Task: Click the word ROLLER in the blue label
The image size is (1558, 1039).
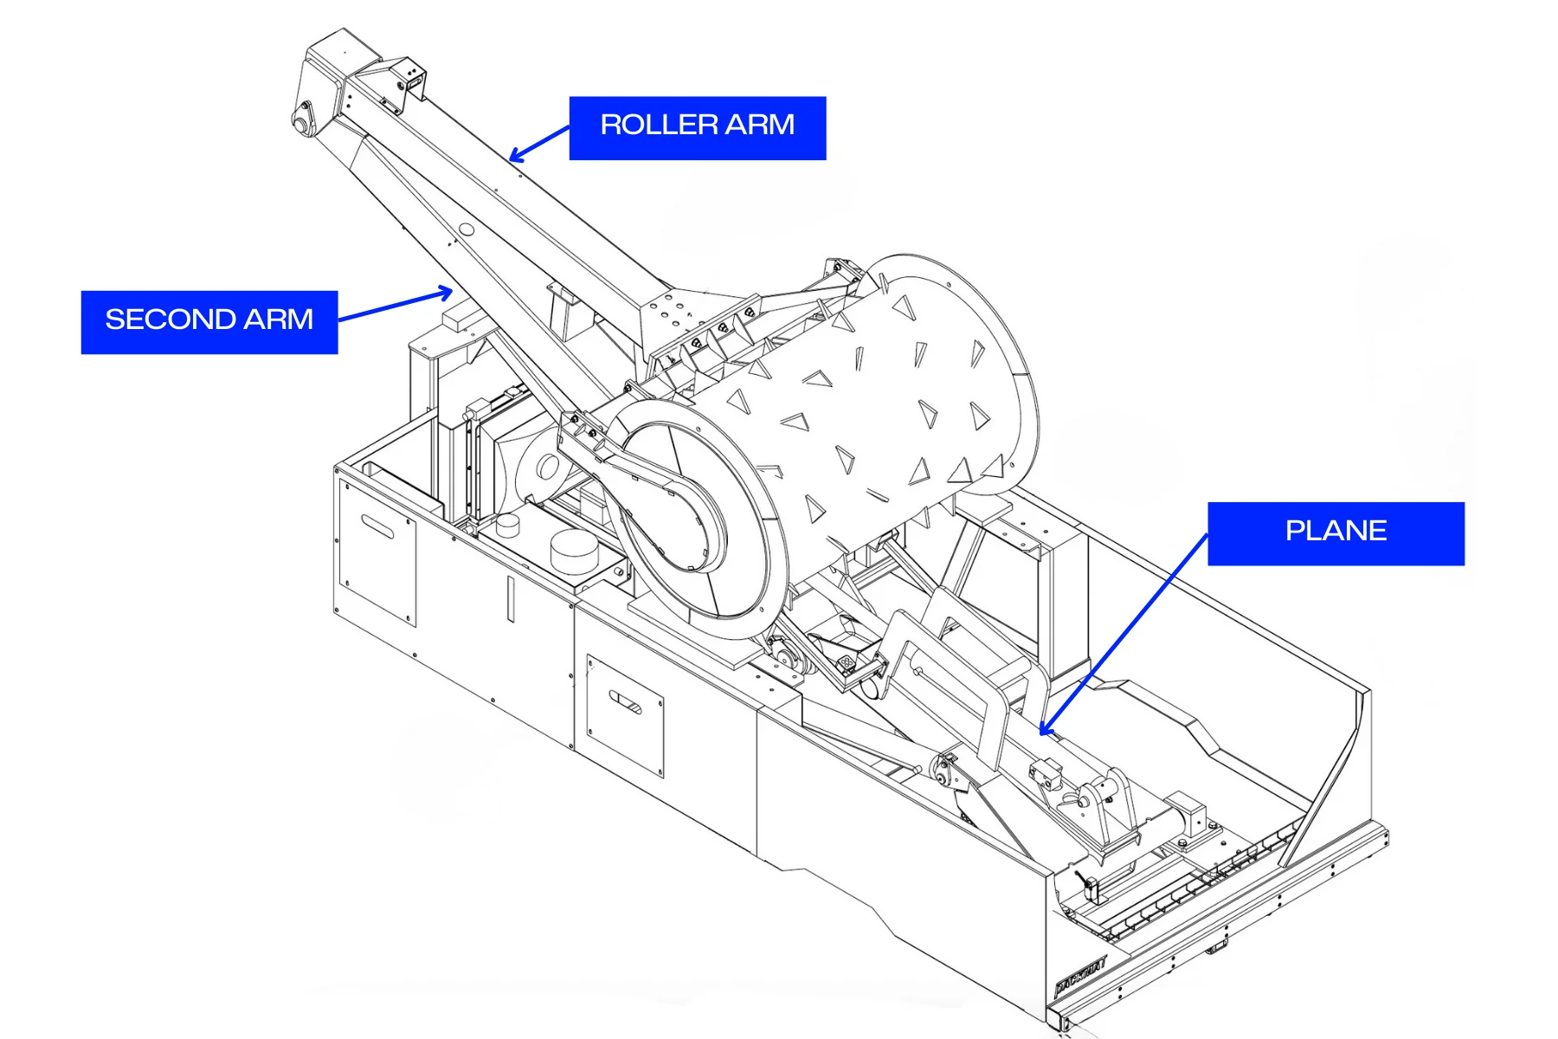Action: pos(658,126)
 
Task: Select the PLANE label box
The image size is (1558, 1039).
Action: pos(1336,532)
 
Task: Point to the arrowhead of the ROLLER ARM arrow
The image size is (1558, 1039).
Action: pos(513,158)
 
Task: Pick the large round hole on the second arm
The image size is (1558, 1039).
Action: pos(466,229)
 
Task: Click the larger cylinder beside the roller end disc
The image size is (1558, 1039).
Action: pos(574,551)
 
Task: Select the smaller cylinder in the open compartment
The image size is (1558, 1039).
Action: pos(507,524)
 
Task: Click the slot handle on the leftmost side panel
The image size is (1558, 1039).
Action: pos(377,526)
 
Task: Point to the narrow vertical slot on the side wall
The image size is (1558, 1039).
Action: pos(511,598)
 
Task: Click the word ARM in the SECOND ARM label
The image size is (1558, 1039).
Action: pos(278,319)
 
